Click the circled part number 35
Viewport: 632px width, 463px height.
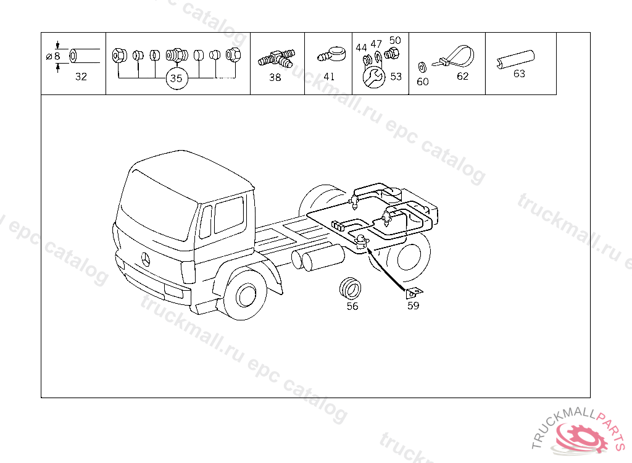177,78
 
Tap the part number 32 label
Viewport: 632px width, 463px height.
81,77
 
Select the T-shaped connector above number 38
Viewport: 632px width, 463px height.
277,59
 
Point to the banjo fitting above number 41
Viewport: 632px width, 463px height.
331,54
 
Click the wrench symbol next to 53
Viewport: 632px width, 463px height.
373,77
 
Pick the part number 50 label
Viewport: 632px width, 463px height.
395,40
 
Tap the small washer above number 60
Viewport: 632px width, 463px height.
422,67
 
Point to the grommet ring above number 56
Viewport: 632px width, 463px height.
350,288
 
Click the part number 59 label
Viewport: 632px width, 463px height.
413,306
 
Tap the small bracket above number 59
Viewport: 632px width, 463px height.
414,293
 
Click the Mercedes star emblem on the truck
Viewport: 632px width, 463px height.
146,259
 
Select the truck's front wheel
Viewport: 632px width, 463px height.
244,295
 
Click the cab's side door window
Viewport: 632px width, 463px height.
229,215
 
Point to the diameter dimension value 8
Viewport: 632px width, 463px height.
57,56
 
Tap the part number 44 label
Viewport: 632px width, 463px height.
362,48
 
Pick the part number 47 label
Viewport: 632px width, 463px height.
376,44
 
